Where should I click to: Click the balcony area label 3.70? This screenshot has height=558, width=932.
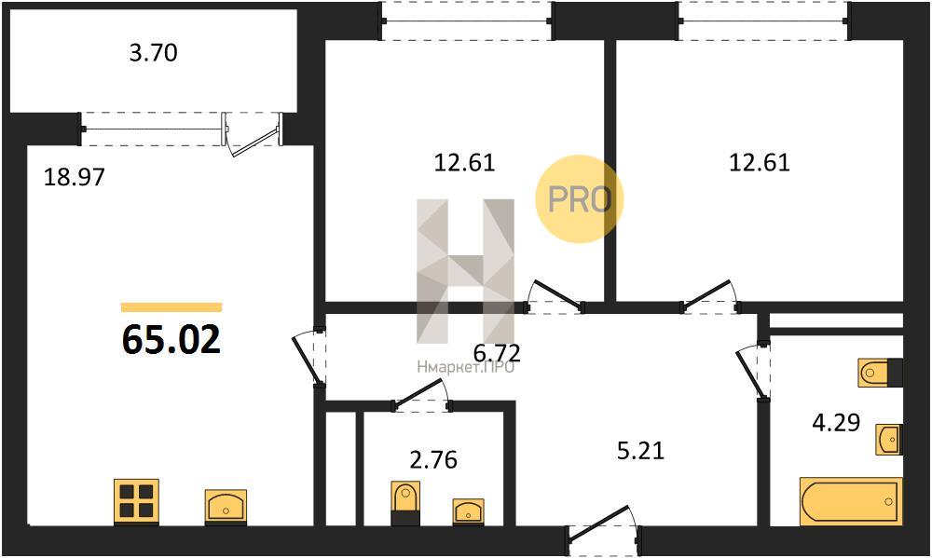(x=154, y=53)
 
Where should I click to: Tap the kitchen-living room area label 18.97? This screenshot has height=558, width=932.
(x=75, y=176)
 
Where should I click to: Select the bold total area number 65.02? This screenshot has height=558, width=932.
(x=171, y=340)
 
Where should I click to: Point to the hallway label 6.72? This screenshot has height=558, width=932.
(x=497, y=353)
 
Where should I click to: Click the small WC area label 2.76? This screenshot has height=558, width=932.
(x=434, y=459)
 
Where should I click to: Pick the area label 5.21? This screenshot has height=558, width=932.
(x=641, y=451)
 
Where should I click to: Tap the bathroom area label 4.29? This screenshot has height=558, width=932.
(x=836, y=423)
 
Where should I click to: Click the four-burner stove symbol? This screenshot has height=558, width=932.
(x=136, y=501)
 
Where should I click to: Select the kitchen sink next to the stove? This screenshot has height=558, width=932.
(x=226, y=507)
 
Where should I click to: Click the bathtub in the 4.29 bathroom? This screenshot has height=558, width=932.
(x=850, y=500)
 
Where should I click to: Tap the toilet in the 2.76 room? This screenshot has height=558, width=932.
(x=405, y=503)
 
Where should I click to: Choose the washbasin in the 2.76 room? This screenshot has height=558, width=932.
(x=469, y=511)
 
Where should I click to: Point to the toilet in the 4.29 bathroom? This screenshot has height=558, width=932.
(x=880, y=374)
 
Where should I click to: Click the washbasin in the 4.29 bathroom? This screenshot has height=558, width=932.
(x=890, y=440)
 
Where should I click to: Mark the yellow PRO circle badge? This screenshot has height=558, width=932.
(x=580, y=199)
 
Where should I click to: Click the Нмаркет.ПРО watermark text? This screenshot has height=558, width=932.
(x=466, y=368)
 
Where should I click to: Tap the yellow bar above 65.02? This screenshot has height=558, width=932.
(x=171, y=307)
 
